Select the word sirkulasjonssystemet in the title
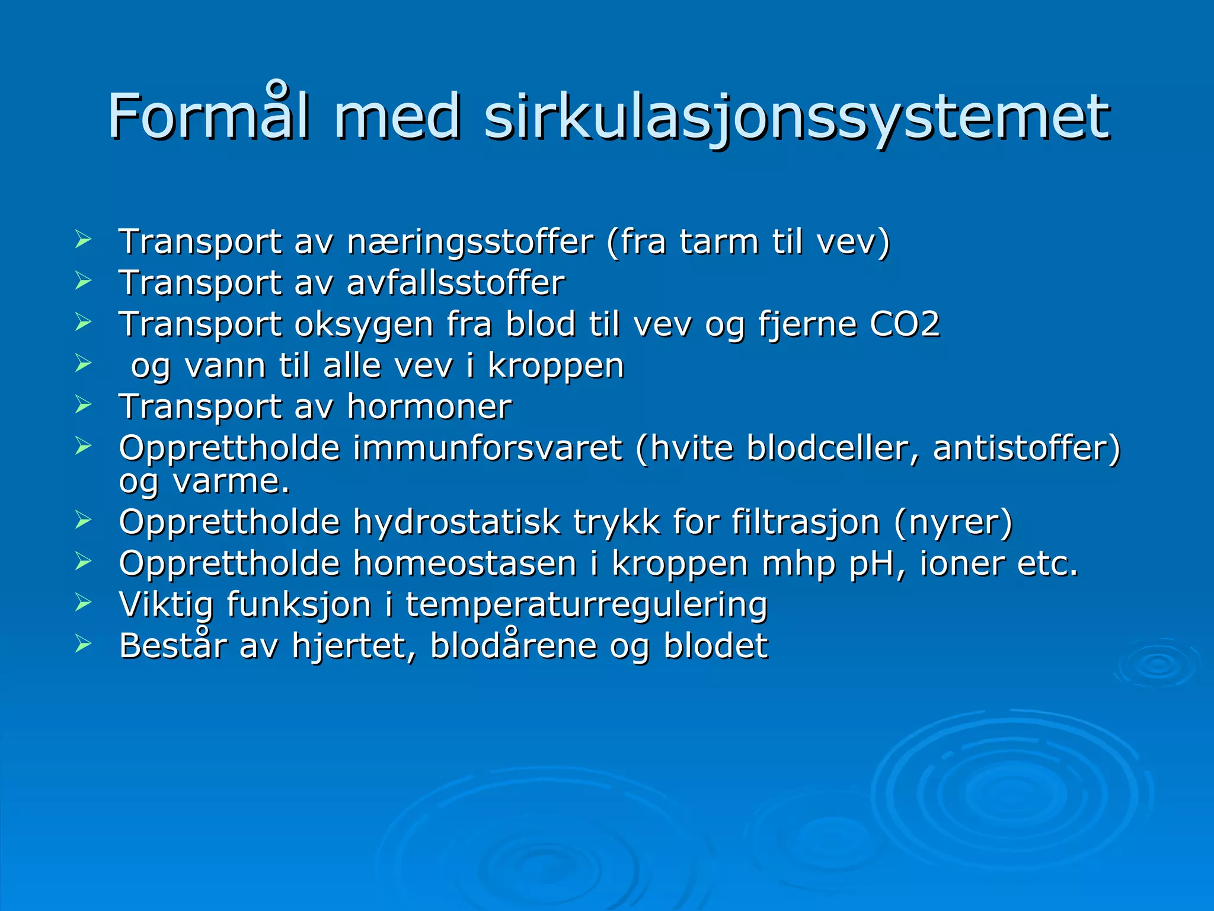796,116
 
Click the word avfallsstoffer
455,283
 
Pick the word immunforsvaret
487,448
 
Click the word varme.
231,481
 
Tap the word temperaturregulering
586,604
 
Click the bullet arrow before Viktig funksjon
84,603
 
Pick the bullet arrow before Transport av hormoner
84,405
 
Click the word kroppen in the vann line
555,367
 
